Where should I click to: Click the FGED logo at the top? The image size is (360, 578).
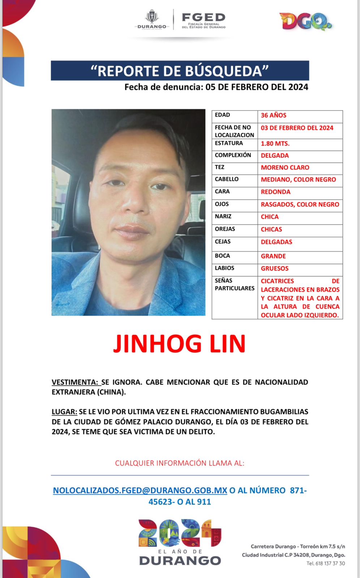pyautogui.click(x=203, y=20)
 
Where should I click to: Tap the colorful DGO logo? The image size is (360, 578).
pyautogui.click(x=305, y=21)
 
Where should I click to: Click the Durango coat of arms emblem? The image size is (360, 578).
pyautogui.click(x=152, y=17)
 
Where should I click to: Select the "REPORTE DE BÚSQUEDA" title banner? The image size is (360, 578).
pyautogui.click(x=180, y=71)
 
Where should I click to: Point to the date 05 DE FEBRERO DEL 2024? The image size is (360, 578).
pyautogui.click(x=257, y=87)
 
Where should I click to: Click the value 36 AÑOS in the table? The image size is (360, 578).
pyautogui.click(x=274, y=115)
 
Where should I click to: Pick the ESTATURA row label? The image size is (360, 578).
pyautogui.click(x=229, y=143)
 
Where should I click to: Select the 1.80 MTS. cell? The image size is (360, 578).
pyautogui.click(x=275, y=143)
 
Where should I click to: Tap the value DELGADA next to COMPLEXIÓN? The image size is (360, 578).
pyautogui.click(x=275, y=155)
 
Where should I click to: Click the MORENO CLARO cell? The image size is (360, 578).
pyautogui.click(x=285, y=168)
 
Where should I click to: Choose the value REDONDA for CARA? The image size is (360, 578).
pyautogui.click(x=275, y=192)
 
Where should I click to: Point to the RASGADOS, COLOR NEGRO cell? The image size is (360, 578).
pyautogui.click(x=300, y=204)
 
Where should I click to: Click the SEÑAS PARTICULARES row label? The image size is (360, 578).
pyautogui.click(x=235, y=284)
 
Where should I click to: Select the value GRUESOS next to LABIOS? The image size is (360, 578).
pyautogui.click(x=275, y=268)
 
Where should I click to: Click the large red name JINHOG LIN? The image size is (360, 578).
pyautogui.click(x=180, y=344)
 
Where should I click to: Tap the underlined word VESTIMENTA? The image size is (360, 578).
pyautogui.click(x=74, y=382)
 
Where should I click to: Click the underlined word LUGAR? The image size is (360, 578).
pyautogui.click(x=64, y=412)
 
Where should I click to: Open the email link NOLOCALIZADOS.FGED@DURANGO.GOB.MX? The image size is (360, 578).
pyautogui.click(x=140, y=491)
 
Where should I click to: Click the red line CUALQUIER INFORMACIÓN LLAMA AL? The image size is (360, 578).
pyautogui.click(x=180, y=463)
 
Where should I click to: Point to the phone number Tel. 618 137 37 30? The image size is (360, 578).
pyautogui.click(x=326, y=564)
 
